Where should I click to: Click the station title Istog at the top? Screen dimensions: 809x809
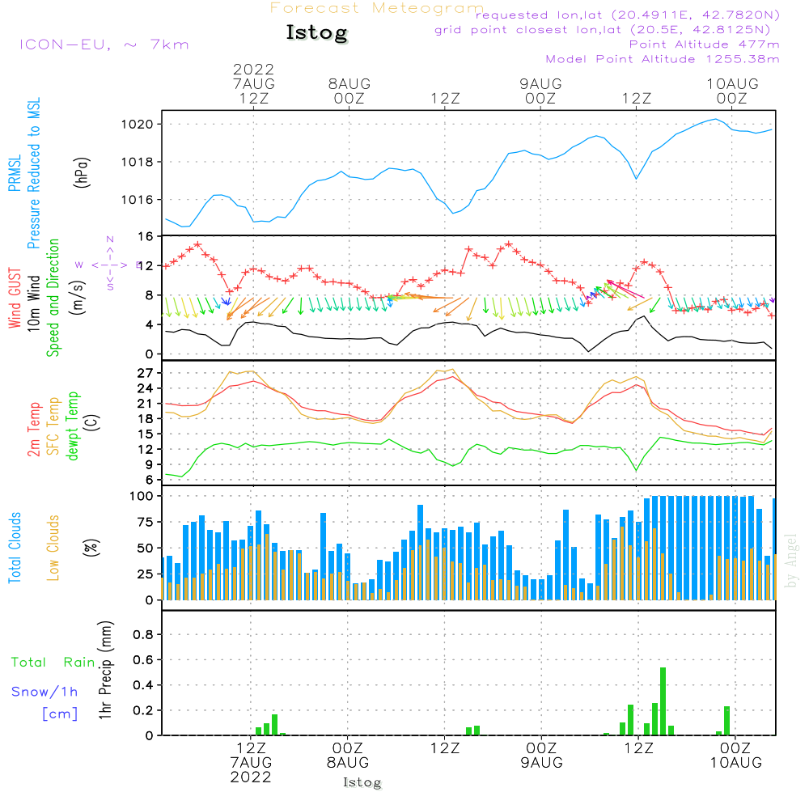[316, 33]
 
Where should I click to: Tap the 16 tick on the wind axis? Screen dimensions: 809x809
[146, 236]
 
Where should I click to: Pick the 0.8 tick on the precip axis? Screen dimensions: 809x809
[142, 634]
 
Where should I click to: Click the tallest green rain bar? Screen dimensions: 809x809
[663, 701]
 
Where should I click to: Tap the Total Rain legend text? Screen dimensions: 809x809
[53, 663]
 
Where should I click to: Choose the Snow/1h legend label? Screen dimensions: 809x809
[44, 692]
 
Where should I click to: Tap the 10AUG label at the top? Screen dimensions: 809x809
[732, 83]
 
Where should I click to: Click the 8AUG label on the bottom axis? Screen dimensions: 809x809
[348, 763]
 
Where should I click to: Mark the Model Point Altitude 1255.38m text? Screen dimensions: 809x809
[663, 59]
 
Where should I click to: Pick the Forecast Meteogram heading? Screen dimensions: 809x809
[377, 8]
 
